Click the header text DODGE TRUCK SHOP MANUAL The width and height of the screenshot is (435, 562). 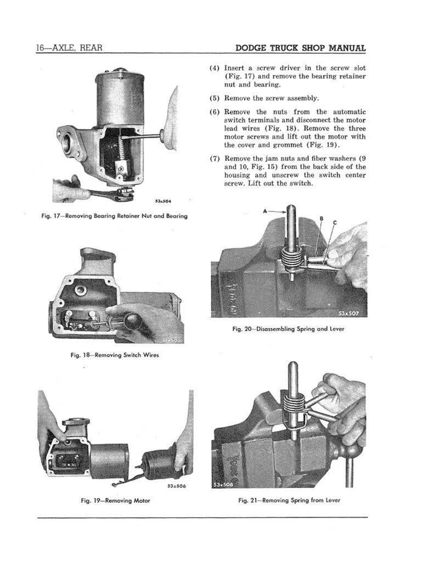300,48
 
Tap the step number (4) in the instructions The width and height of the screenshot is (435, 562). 214,68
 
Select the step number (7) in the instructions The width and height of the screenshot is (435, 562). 214,158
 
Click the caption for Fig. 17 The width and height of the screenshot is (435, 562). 114,216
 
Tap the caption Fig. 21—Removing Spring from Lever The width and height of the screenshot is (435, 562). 289,501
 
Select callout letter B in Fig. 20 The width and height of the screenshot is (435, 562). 320,218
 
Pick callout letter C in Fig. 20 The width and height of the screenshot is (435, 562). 334,222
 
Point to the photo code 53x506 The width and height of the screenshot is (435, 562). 177,485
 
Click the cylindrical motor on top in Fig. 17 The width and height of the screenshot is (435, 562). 119,97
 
